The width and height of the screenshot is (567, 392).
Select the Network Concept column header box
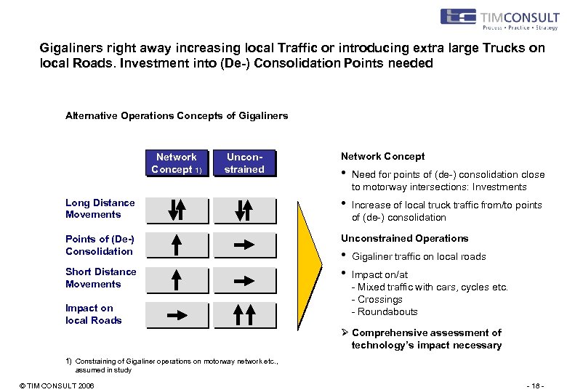[176, 163]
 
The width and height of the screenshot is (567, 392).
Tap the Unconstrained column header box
[244, 163]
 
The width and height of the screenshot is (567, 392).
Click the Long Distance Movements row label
[100, 208]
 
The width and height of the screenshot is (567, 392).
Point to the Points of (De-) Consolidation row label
[100, 245]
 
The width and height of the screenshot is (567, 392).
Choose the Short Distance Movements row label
[100, 277]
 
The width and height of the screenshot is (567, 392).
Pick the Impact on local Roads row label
[93, 314]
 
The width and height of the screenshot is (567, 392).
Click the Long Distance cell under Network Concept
[176, 211]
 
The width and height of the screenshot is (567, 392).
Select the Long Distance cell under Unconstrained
[244, 211]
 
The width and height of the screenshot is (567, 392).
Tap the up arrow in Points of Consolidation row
[176, 245]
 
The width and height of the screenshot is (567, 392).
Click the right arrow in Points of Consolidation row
[244, 245]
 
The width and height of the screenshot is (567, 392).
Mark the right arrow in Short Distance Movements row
[244, 279]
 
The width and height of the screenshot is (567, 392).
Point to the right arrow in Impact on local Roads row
[176, 315]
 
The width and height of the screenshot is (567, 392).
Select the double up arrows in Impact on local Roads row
[244, 315]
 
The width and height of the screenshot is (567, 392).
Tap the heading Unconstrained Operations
[404, 238]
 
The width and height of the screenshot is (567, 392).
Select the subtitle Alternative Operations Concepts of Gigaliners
[177, 115]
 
